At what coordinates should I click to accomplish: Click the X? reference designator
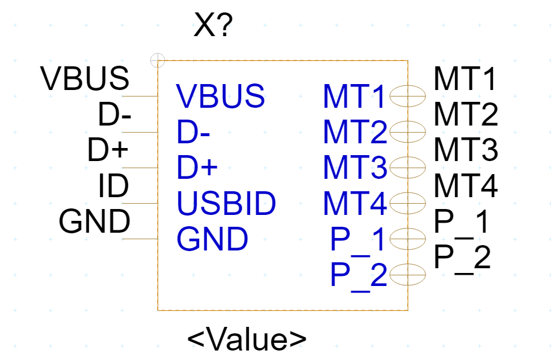(213, 26)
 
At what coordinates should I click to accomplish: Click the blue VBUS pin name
(220, 96)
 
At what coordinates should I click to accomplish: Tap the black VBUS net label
(85, 79)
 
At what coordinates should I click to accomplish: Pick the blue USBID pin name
(226, 204)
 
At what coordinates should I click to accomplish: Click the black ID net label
(113, 187)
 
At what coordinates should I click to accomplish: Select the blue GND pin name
(212, 239)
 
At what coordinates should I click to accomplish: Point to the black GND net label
(94, 222)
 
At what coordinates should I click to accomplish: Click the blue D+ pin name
(197, 168)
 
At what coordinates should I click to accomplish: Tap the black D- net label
(114, 116)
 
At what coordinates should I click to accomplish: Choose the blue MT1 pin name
(354, 97)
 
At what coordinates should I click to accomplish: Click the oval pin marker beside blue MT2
(408, 130)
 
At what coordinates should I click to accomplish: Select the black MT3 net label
(466, 150)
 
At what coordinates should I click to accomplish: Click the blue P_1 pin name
(358, 239)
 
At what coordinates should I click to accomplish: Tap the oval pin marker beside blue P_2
(408, 274)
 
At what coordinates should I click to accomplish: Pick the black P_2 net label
(462, 259)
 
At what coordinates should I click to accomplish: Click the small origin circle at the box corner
(158, 60)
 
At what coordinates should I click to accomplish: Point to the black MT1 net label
(466, 79)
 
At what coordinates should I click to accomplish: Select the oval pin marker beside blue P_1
(408, 239)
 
